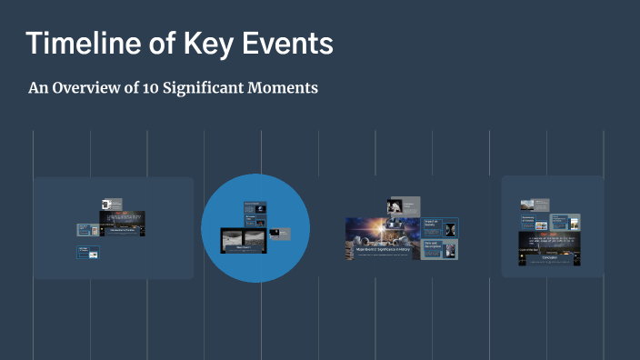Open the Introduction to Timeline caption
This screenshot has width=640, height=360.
[122, 229]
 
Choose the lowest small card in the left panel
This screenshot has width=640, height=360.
[87, 253]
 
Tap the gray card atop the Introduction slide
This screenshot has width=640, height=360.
[112, 205]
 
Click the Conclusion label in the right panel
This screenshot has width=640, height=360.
[548, 256]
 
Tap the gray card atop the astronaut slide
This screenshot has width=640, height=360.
[403, 206]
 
